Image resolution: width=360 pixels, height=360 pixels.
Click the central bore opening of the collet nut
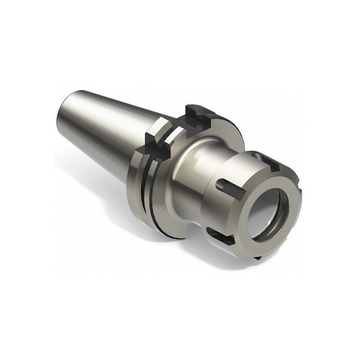click(270, 211)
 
